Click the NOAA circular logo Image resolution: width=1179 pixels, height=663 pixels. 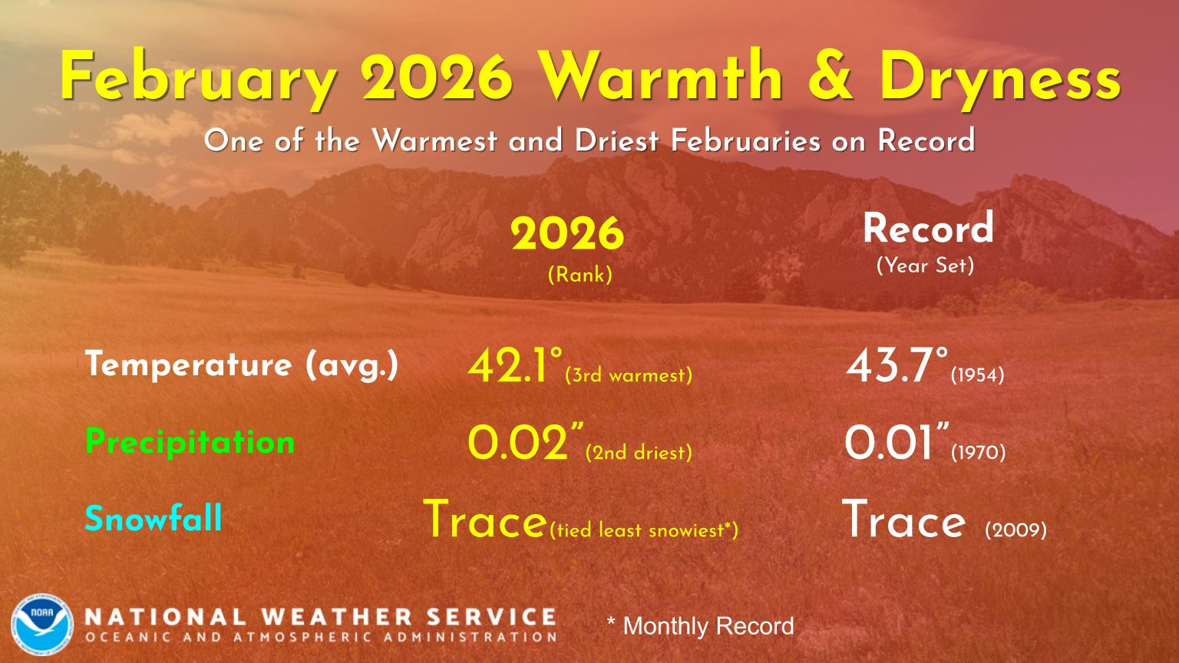tap(42, 625)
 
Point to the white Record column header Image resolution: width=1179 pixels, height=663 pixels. tap(928, 229)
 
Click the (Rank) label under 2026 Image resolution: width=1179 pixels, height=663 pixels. tap(580, 275)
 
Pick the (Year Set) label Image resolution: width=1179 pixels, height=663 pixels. tap(925, 266)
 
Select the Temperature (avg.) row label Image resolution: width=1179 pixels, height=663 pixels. tap(242, 364)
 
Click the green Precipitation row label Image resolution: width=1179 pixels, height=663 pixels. tap(190, 441)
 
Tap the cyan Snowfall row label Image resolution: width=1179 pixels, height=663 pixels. tap(154, 518)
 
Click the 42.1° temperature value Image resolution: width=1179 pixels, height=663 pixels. tap(515, 365)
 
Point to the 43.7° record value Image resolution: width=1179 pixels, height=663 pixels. tap(897, 365)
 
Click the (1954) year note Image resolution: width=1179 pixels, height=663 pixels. tap(978, 375)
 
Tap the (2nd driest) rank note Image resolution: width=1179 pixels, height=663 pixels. tap(639, 453)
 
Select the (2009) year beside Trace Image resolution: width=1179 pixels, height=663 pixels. tap(1016, 529)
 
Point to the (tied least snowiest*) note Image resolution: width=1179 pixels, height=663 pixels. tap(644, 530)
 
